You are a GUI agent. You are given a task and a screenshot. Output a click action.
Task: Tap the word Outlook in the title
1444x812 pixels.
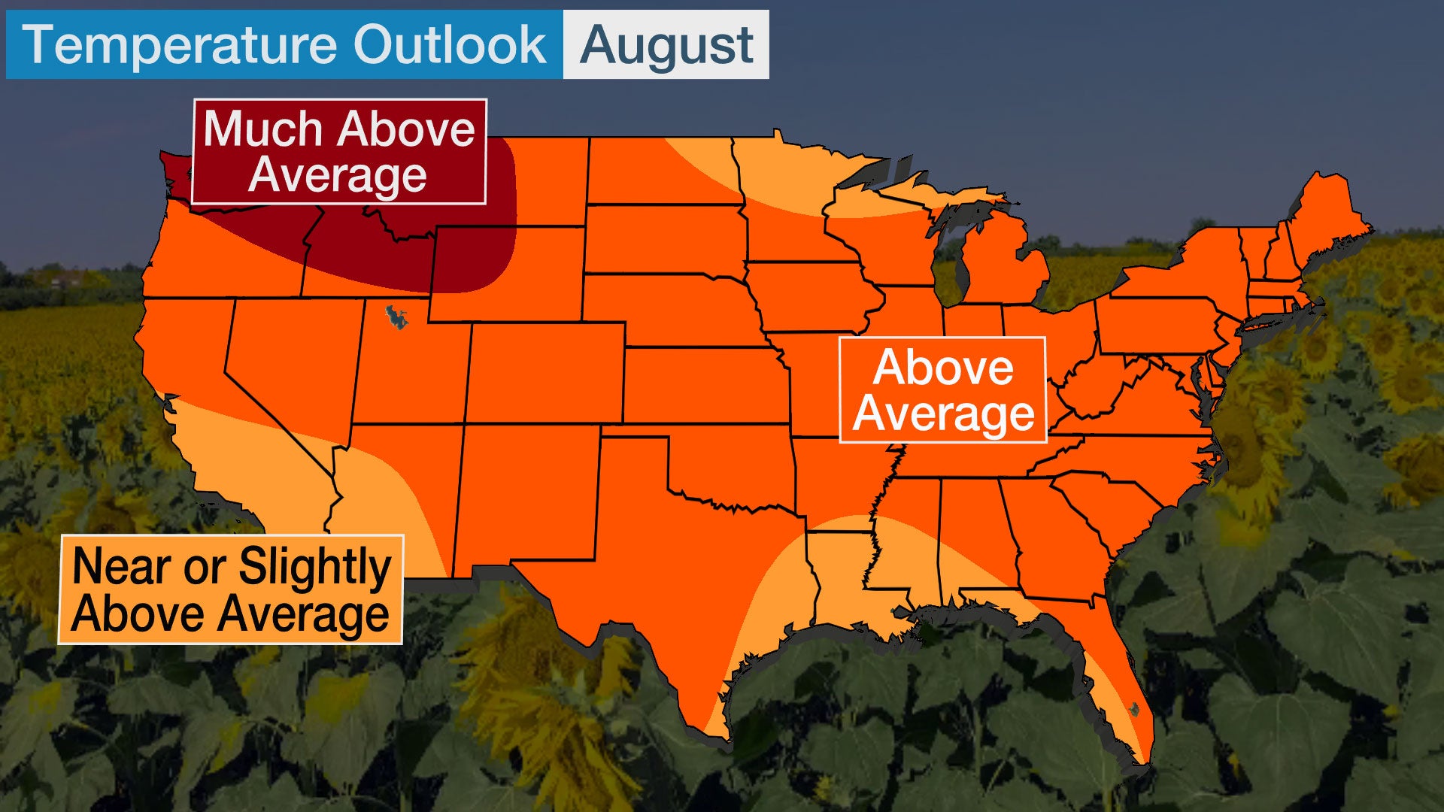[x=450, y=45]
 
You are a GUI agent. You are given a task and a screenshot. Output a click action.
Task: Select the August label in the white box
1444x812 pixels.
[x=666, y=45]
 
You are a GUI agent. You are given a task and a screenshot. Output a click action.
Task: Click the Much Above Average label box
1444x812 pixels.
[x=339, y=152]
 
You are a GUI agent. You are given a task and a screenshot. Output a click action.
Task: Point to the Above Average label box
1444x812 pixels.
[x=942, y=390]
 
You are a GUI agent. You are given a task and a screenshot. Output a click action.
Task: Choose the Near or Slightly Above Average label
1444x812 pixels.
[x=231, y=589]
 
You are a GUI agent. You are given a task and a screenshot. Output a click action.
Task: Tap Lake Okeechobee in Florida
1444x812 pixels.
[x=1134, y=707]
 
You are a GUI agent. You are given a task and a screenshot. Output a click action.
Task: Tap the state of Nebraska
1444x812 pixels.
[x=669, y=308]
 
